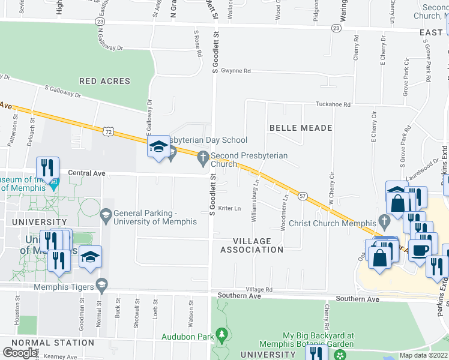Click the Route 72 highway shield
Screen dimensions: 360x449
point(107,130)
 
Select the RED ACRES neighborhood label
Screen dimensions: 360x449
point(104,81)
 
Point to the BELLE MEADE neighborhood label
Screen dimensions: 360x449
point(301,128)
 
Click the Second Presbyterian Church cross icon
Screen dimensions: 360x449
point(203,157)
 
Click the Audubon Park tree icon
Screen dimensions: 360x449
point(221,333)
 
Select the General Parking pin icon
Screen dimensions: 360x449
point(106,214)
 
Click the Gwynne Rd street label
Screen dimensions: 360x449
point(235,71)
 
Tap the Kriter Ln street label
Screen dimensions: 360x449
point(229,209)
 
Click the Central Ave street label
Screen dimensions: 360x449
point(86,173)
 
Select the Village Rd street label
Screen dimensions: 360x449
point(259,289)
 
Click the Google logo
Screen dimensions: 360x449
point(20,352)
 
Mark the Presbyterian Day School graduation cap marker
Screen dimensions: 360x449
point(158,146)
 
